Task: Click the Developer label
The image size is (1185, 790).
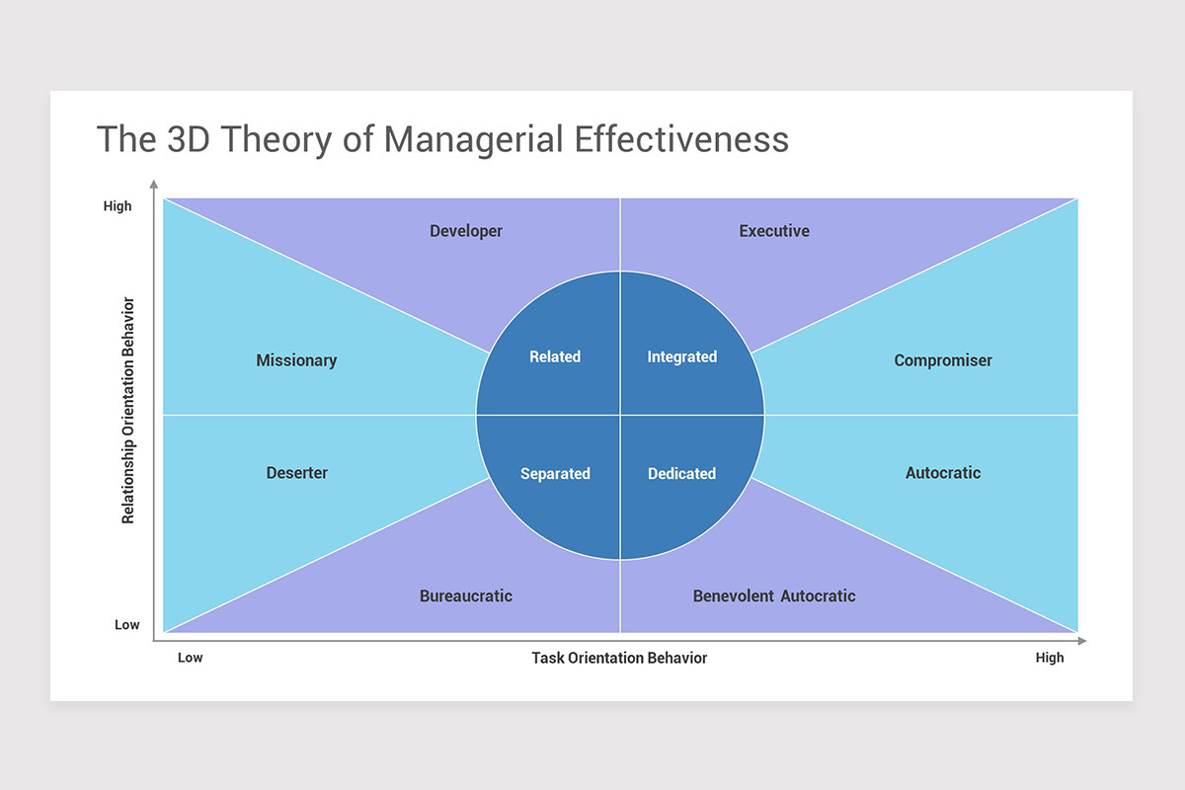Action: pos(466,231)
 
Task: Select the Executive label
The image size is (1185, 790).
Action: pos(774,231)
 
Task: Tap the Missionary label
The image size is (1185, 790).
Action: pos(296,360)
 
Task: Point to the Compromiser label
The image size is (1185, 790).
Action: pos(943,360)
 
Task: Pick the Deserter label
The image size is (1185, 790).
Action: pos(297,473)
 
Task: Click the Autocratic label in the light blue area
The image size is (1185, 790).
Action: pos(943,473)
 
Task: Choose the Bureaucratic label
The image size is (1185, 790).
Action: pos(466,595)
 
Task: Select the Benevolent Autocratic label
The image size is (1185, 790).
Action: pos(774,595)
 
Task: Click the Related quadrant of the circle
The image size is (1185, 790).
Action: pos(555,356)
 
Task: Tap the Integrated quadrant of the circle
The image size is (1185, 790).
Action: pos(682,356)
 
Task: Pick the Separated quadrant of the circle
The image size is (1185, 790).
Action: pos(555,474)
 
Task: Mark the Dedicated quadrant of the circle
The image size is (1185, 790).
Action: pos(682,474)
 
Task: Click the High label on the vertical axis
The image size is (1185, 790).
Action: pos(118,206)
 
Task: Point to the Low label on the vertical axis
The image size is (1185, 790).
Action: pos(127,625)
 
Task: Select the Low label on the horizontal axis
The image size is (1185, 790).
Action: pos(190,658)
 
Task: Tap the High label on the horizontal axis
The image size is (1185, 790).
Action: pos(1050,658)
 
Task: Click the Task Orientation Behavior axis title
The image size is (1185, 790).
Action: pos(619,658)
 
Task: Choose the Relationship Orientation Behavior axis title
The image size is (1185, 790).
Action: pos(127,409)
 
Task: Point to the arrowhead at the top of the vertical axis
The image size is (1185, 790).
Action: pos(153,184)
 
